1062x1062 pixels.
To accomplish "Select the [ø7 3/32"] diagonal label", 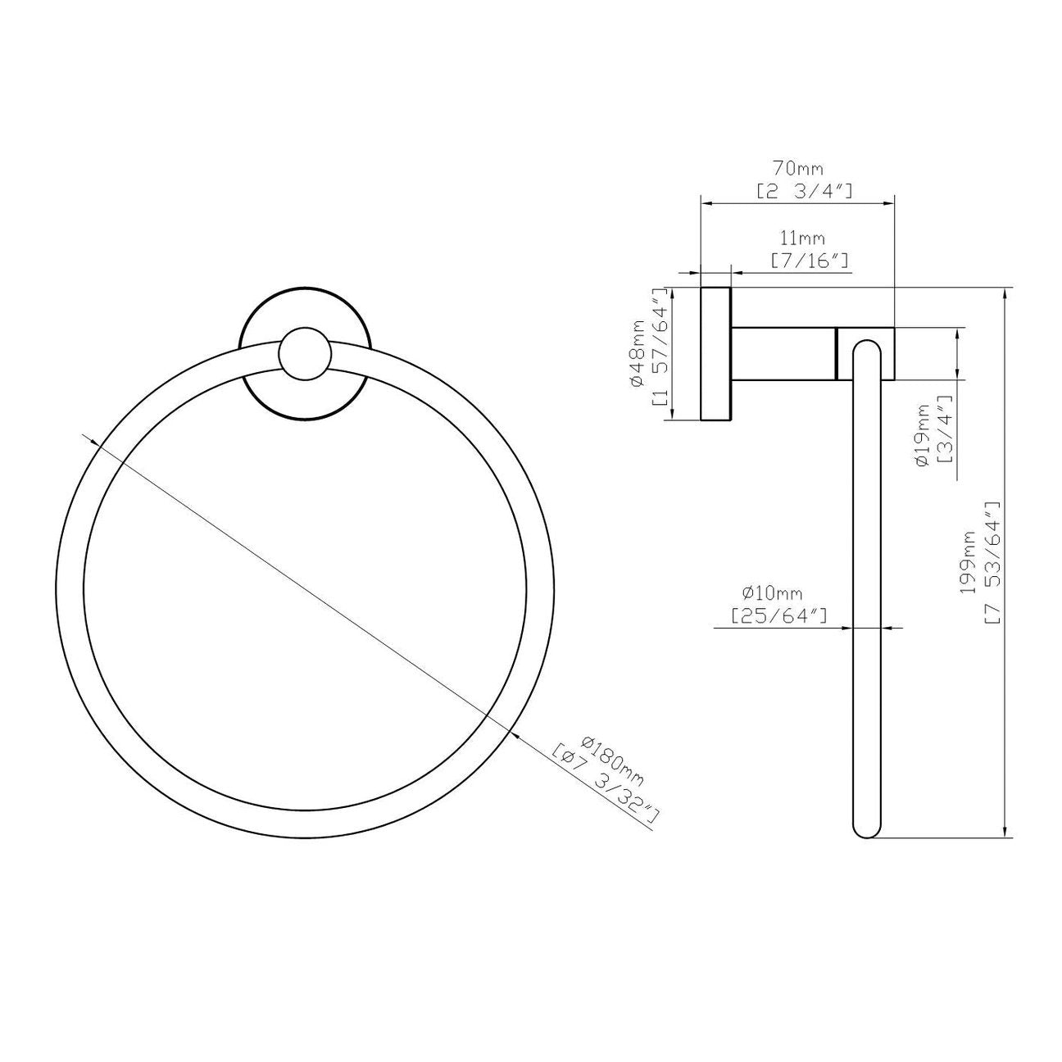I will coord(606,784).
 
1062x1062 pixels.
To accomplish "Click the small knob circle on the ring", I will coord(305,355).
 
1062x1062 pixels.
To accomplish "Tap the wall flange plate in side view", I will coord(715,355).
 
